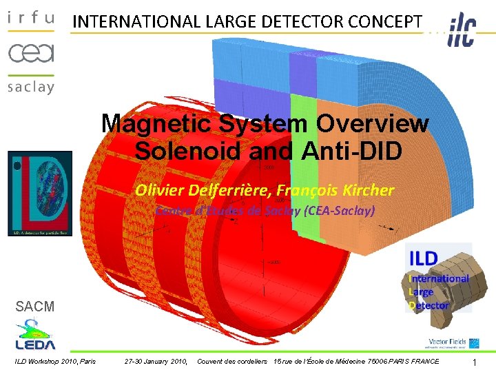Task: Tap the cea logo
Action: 30,52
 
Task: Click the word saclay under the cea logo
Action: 30,87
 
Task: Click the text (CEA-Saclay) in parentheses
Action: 339,211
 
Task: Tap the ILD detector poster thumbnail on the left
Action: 40,194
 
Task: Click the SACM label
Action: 35,307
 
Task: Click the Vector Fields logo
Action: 448,342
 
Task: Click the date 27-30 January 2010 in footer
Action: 156,361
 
